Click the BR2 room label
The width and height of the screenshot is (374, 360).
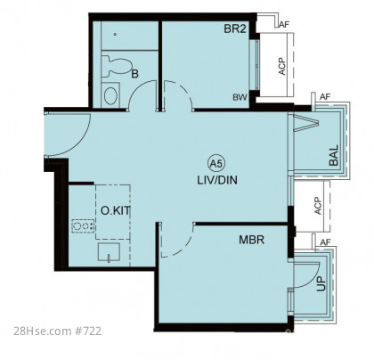coord(235,29)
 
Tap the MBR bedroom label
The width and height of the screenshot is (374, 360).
coord(252,240)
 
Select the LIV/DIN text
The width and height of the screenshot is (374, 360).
coord(217,180)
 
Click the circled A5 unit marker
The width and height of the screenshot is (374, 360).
coord(217,163)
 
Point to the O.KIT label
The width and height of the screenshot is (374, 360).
coord(115,210)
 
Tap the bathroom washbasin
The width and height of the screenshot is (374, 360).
coord(110,95)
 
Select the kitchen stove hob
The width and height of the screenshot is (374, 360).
coord(83,226)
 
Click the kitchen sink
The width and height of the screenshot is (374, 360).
coord(109,252)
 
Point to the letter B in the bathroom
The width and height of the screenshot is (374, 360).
coord(134,74)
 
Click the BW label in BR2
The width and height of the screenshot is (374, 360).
coord(240,97)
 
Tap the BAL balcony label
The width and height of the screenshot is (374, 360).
coord(334,155)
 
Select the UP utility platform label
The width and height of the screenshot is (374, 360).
coord(321,284)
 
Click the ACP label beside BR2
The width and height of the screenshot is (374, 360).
coord(282,66)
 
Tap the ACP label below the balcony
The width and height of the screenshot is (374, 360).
coord(318,206)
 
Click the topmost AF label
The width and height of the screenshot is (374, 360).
coord(284,24)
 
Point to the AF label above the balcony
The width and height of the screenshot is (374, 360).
coord(325,96)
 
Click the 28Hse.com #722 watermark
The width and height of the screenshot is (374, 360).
coord(57,331)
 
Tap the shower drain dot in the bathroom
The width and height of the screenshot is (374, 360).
coord(115,34)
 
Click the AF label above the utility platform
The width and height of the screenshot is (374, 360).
coord(325,242)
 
